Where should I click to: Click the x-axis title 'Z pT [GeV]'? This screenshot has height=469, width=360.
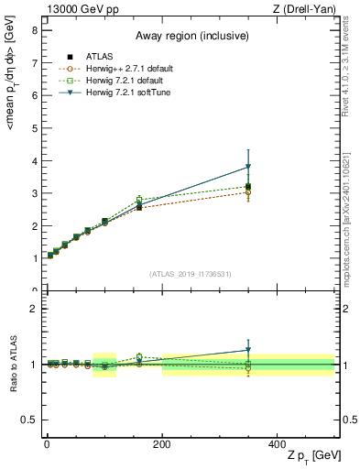click(307, 456)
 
